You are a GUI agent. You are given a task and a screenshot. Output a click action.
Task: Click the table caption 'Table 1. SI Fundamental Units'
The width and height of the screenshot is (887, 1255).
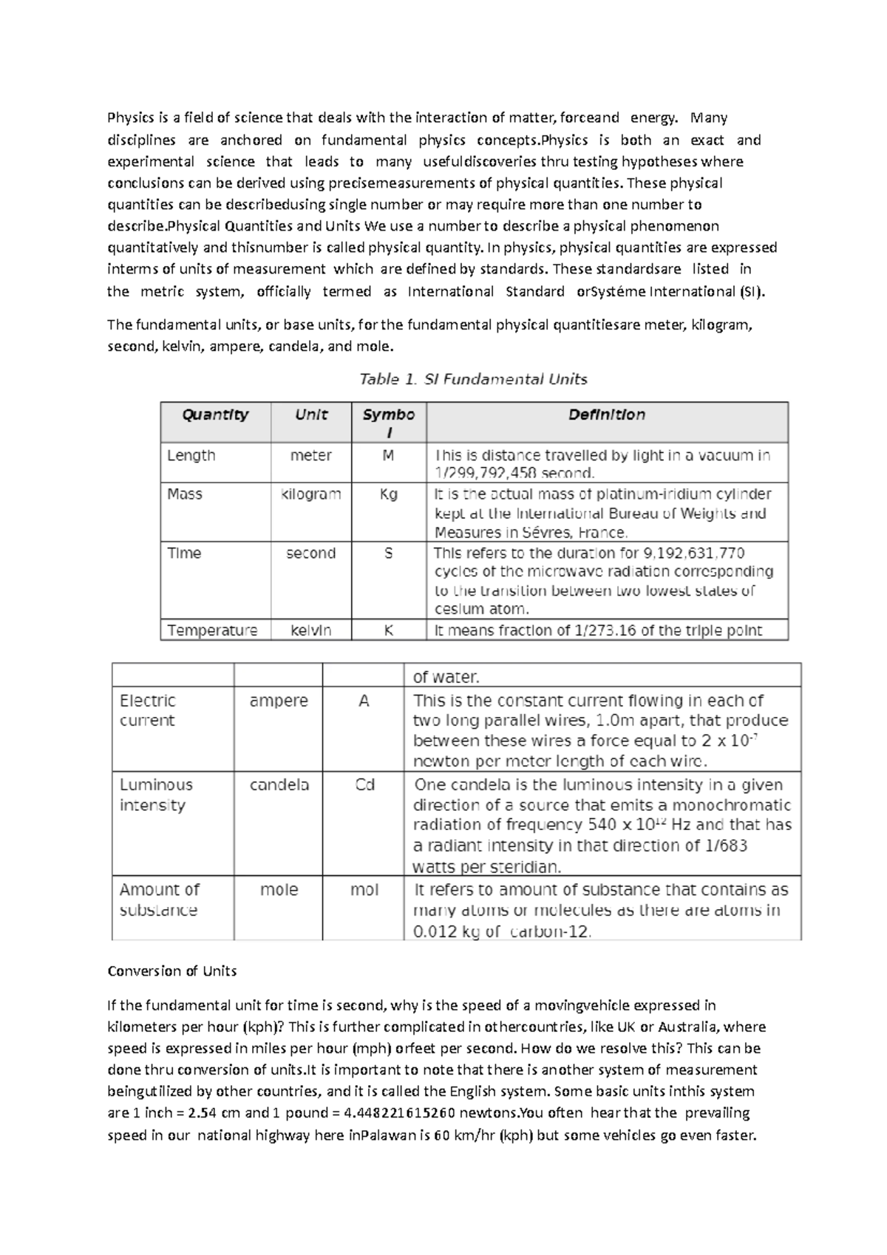[473, 379]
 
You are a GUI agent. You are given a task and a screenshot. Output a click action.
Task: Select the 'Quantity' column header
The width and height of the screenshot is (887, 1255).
[215, 415]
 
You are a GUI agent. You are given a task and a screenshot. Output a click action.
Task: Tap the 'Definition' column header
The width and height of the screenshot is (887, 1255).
[606, 415]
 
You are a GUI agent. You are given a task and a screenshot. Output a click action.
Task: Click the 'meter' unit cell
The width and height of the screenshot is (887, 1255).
[310, 455]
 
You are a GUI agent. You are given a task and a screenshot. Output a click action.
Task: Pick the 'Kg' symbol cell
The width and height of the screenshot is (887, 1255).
[389, 494]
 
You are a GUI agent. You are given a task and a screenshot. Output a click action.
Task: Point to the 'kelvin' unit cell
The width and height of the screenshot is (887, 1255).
[310, 630]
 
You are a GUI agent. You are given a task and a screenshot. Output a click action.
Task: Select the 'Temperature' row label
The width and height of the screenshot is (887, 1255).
[212, 630]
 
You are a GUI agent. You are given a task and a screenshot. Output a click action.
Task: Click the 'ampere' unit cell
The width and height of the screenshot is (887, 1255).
[279, 701]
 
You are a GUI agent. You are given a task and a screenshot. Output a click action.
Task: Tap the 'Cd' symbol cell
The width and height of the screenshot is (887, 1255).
[364, 785]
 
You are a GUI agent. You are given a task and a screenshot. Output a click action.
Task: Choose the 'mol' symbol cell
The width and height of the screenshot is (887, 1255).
[364, 890]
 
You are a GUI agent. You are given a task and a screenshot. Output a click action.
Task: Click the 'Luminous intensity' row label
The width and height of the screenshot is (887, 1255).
[156, 795]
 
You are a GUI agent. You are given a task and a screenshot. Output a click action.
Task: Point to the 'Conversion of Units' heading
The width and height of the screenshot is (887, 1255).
[171, 971]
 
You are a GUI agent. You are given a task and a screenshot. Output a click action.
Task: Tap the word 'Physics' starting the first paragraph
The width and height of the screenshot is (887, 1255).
[131, 118]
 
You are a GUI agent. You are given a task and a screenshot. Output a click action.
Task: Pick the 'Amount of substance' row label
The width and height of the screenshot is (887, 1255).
[159, 899]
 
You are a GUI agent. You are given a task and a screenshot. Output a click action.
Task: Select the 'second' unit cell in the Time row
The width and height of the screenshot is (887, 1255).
[310, 553]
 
